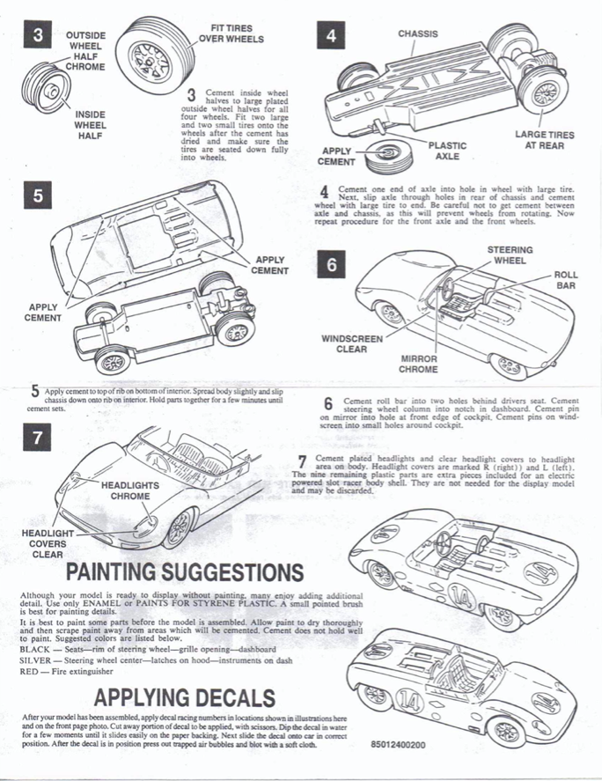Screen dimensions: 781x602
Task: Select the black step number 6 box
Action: (x=330, y=265)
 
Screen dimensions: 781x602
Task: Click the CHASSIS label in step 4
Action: (x=417, y=34)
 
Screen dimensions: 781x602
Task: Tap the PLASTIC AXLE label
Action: (x=447, y=151)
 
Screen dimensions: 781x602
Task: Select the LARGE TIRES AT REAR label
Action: (x=544, y=140)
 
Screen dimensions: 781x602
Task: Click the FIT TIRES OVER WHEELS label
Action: (x=231, y=33)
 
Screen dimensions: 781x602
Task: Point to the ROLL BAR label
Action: (x=565, y=281)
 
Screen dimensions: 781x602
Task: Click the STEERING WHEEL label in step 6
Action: (x=509, y=255)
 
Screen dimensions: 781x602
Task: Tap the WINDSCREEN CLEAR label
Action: (x=351, y=343)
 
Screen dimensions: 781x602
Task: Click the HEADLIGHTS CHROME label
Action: (x=130, y=490)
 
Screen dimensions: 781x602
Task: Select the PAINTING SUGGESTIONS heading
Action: (x=185, y=573)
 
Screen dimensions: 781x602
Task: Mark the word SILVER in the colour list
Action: (x=36, y=659)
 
